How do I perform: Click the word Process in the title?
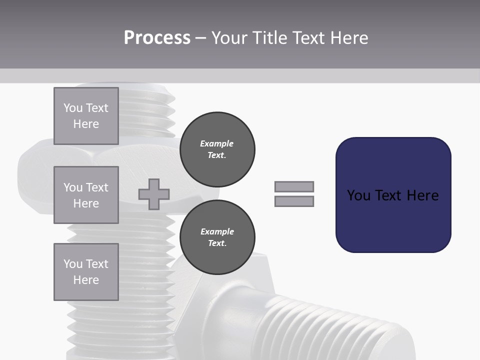(157, 38)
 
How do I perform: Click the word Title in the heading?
(269, 38)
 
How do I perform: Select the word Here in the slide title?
(349, 38)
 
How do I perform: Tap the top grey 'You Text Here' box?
(86, 116)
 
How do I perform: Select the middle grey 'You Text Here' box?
(86, 195)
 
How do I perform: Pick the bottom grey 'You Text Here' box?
(86, 272)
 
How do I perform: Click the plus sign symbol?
(154, 194)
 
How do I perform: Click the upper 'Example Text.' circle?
(217, 149)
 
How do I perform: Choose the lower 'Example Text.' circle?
(217, 237)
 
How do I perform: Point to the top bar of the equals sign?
(294, 186)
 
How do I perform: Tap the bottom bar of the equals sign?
(294, 201)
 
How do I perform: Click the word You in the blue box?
(358, 195)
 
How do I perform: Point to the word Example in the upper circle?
(217, 143)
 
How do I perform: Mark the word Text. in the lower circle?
(217, 243)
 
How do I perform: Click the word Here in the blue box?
(422, 195)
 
